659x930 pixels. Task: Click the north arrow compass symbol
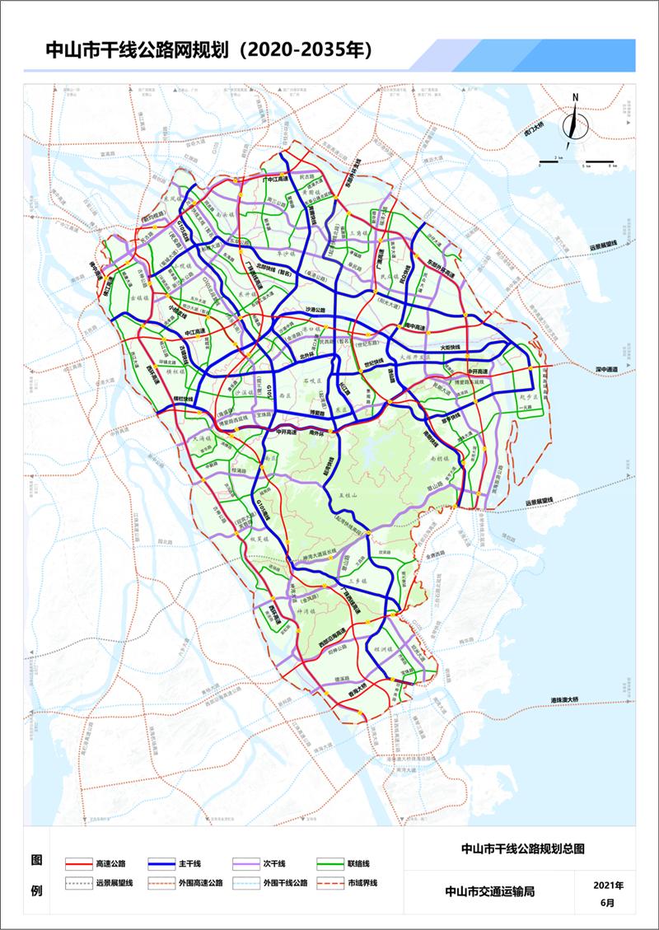(x=574, y=120)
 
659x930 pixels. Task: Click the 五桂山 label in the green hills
(x=351, y=495)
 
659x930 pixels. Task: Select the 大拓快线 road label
(x=454, y=348)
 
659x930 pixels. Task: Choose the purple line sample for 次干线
(x=245, y=863)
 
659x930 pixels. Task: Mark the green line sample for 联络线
(x=329, y=863)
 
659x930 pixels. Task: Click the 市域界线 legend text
(x=362, y=883)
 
